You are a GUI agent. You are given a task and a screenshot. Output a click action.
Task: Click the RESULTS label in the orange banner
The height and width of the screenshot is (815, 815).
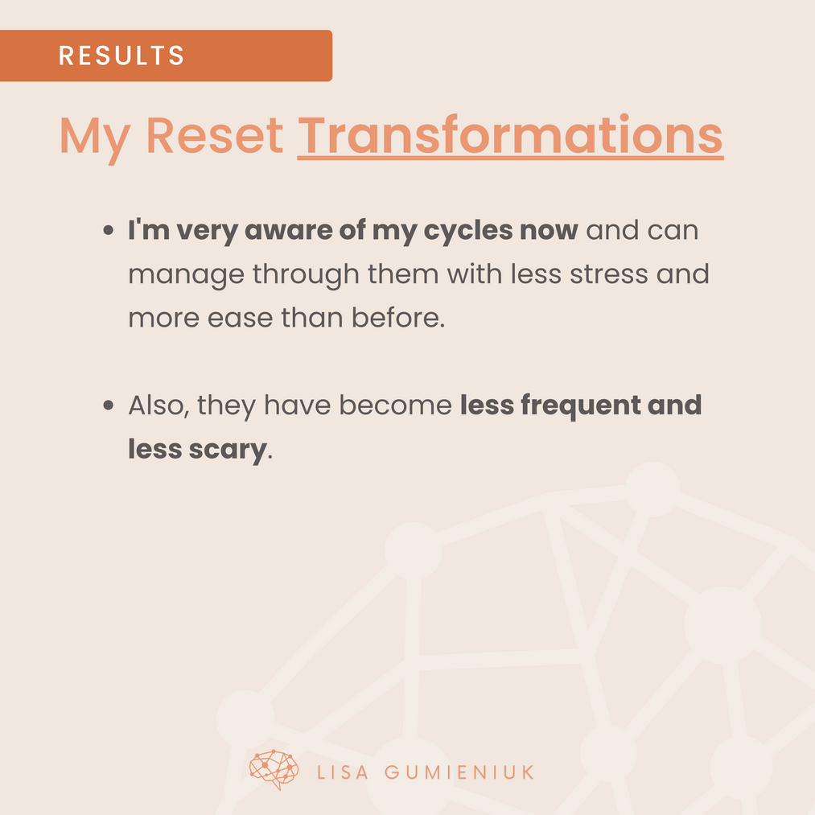(x=121, y=55)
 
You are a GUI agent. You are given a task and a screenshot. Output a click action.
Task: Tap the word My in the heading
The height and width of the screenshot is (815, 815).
(x=95, y=138)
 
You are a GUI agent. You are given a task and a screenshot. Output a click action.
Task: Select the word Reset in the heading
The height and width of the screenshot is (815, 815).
(x=215, y=135)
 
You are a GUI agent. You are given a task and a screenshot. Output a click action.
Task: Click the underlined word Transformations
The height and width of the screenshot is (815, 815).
(x=510, y=135)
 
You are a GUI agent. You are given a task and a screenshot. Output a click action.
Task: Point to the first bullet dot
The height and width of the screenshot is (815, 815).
(x=108, y=230)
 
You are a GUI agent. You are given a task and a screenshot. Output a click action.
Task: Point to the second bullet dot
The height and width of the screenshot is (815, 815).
(x=108, y=405)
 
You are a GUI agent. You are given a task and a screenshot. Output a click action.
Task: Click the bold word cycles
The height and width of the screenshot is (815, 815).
(x=468, y=231)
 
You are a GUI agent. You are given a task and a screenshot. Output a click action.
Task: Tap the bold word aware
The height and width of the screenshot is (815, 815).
(x=288, y=231)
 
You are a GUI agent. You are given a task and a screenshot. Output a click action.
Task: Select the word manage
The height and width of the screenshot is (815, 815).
(x=186, y=275)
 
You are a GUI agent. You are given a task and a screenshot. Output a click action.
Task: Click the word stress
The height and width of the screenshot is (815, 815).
(x=609, y=274)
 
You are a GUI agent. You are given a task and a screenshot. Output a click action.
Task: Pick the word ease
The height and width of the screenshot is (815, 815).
(x=240, y=318)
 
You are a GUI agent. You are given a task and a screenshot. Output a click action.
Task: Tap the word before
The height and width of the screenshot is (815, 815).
(x=398, y=317)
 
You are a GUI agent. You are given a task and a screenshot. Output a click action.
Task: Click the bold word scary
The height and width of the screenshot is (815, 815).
(x=228, y=450)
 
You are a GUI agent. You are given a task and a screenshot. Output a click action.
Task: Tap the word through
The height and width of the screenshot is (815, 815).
(x=307, y=274)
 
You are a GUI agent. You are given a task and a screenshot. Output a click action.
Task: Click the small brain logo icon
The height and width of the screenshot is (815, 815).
(x=274, y=770)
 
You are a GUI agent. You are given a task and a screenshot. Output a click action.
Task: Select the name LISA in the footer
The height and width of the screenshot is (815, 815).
(x=343, y=772)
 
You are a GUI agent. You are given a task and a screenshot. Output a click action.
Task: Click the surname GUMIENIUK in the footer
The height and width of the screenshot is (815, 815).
(x=459, y=772)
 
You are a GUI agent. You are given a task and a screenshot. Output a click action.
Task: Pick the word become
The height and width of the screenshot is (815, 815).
(x=396, y=405)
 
